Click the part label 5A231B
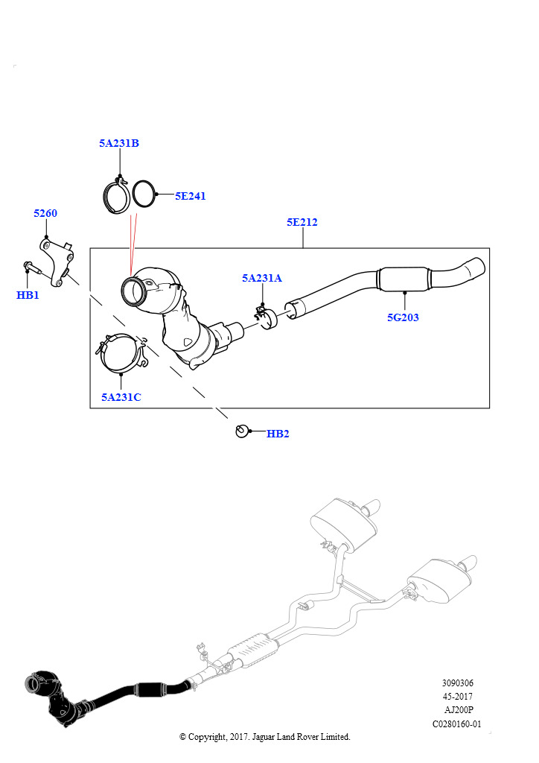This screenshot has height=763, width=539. [119, 143]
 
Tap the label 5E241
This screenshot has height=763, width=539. [191, 197]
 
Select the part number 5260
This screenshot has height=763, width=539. [45, 214]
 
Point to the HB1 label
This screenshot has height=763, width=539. [28, 296]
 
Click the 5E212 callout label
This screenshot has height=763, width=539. [302, 222]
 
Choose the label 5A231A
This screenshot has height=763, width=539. [261, 278]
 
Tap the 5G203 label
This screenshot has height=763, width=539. [403, 317]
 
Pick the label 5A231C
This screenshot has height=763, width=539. [121, 397]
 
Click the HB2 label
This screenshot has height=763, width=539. [278, 434]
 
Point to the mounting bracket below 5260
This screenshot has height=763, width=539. [56, 261]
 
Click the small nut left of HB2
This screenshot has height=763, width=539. [241, 431]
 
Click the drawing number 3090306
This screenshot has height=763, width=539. [457, 683]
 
